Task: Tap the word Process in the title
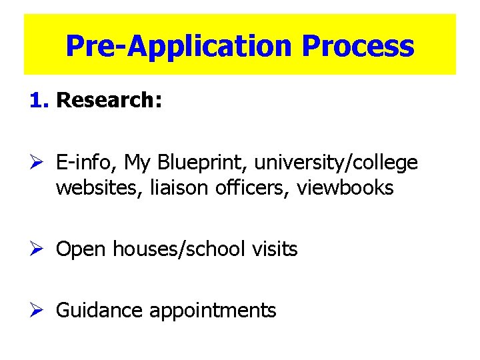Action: (358, 47)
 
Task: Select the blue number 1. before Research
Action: (40, 101)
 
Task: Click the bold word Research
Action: (109, 101)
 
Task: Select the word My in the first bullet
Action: (138, 163)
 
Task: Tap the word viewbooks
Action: (345, 188)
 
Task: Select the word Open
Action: (81, 250)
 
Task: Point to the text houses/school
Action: (179, 249)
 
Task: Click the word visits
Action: (275, 249)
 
